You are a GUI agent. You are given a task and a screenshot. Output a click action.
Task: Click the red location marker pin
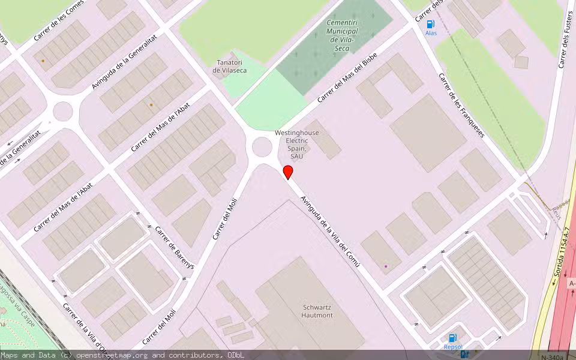tap(288, 172)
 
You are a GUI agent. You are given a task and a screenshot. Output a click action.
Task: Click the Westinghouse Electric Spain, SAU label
tap(297, 144)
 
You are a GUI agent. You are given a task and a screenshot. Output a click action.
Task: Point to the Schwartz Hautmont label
tap(317, 311)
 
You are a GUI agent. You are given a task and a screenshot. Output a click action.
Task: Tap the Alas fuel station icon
tap(431, 24)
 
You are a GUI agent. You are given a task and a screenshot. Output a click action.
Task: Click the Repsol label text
tap(453, 347)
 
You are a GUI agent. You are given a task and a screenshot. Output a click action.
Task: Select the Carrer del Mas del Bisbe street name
tap(347, 77)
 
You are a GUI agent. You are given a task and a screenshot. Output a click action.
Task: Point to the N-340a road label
tap(553, 357)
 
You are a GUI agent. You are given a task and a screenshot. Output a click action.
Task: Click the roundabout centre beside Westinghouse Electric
tap(262, 146)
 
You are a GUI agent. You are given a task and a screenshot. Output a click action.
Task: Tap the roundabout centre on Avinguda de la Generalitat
tap(62, 111)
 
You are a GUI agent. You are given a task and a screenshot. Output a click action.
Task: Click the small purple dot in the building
tap(386, 266)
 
